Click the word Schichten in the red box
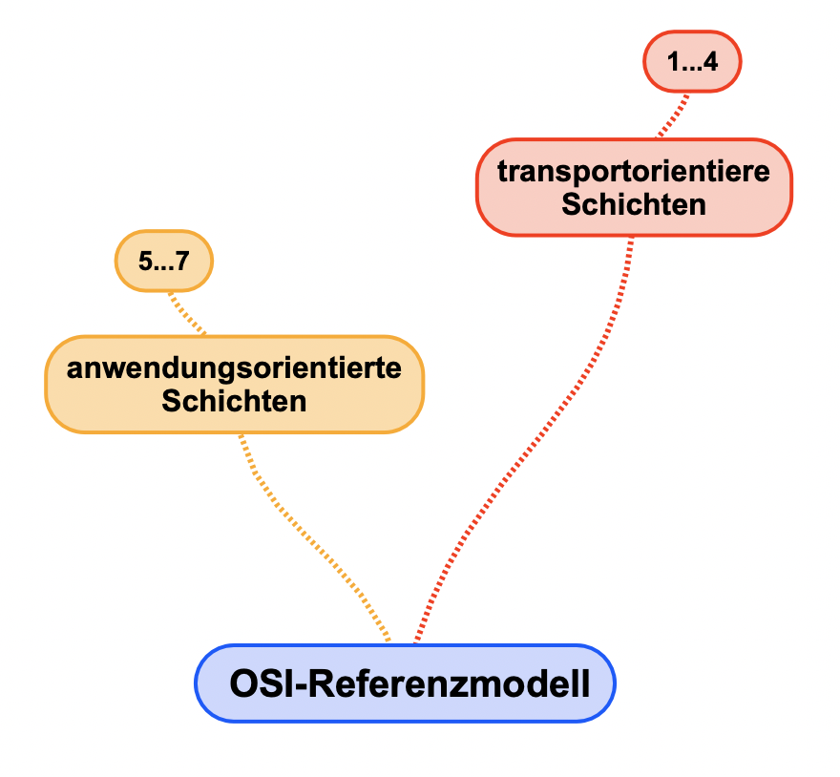[x=634, y=203]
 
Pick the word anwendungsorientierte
[x=234, y=368]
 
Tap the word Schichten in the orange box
[x=234, y=400]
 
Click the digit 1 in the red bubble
[x=673, y=64]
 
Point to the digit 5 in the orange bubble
[x=144, y=261]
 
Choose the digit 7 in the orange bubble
[x=182, y=261]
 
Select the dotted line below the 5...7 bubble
[x=186, y=312]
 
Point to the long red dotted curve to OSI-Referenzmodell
[x=535, y=439]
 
